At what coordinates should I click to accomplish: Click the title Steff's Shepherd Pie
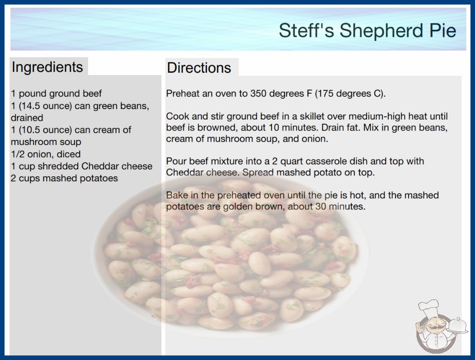tap(367, 30)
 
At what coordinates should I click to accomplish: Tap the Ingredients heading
tap(47, 67)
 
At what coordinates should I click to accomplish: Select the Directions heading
tap(199, 68)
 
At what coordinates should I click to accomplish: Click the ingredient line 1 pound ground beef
tap(56, 94)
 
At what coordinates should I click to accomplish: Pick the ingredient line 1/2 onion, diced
tap(46, 154)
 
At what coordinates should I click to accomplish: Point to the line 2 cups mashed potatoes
tap(64, 178)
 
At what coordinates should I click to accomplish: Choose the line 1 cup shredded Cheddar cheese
tap(81, 166)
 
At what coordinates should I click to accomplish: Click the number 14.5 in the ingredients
tap(31, 106)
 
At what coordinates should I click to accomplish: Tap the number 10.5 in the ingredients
tap(31, 130)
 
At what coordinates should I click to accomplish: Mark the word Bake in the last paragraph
tap(176, 195)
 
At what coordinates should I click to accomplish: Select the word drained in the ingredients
tap(27, 118)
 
